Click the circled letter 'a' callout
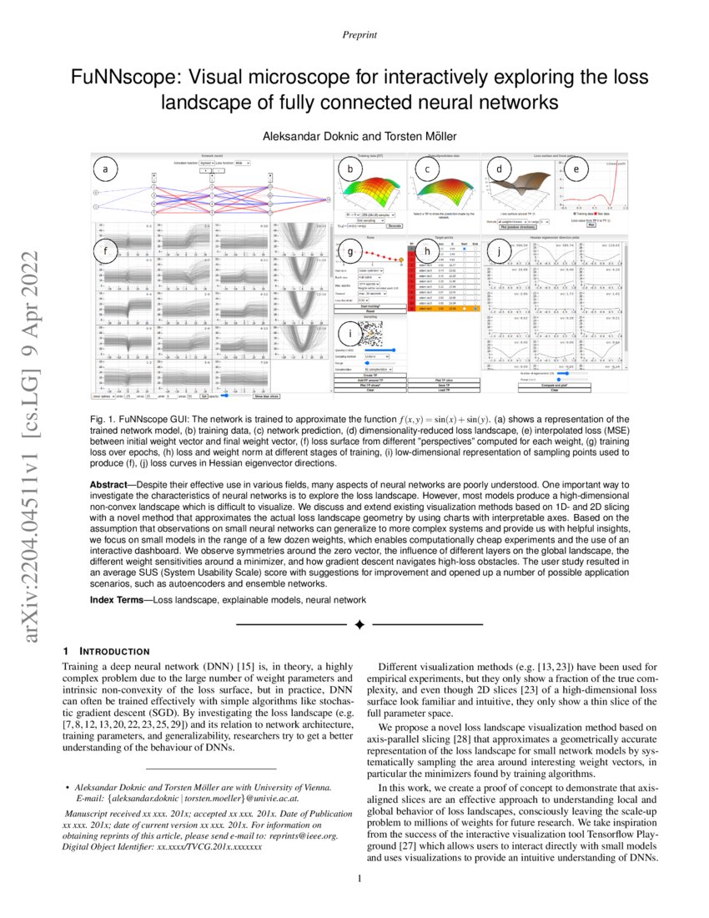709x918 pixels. (105, 170)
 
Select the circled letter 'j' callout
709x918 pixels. (499, 250)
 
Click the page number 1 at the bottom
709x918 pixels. (358, 877)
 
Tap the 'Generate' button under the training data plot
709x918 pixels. (395, 225)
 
